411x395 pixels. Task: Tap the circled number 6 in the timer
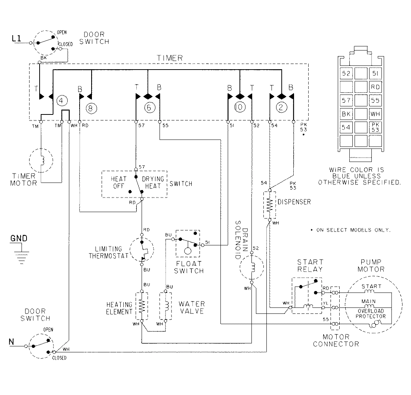(149, 108)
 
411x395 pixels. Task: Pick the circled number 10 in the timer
(240, 108)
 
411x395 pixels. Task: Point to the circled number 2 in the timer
(281, 108)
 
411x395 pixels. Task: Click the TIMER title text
(170, 58)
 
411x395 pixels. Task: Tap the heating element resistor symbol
(142, 306)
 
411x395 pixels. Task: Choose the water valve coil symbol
(165, 306)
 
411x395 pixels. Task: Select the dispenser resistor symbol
(269, 205)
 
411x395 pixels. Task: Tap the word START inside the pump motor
(371, 287)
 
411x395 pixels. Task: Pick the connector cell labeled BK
(346, 113)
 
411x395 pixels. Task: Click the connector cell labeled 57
(346, 100)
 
